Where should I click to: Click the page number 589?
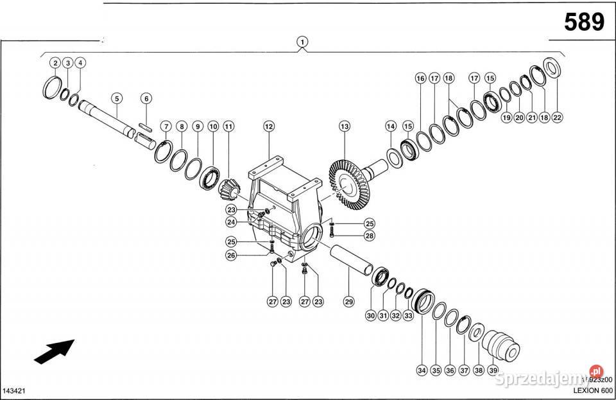583,22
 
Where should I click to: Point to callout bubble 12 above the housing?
268,127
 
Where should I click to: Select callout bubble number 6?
146,98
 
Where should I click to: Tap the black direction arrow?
54,351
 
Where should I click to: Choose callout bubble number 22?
557,117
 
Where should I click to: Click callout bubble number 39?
493,370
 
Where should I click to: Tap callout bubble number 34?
422,370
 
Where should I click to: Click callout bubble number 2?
56,63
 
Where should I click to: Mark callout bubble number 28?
369,236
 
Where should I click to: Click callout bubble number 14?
390,126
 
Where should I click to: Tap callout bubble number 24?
231,222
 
